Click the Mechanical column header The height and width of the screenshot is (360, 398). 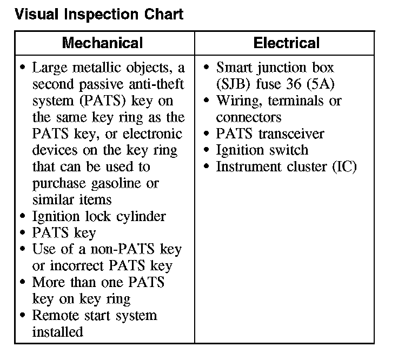tap(102, 43)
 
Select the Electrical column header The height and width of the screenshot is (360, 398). tap(287, 43)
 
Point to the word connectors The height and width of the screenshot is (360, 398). tap(249, 117)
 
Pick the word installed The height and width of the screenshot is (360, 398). tap(57, 331)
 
